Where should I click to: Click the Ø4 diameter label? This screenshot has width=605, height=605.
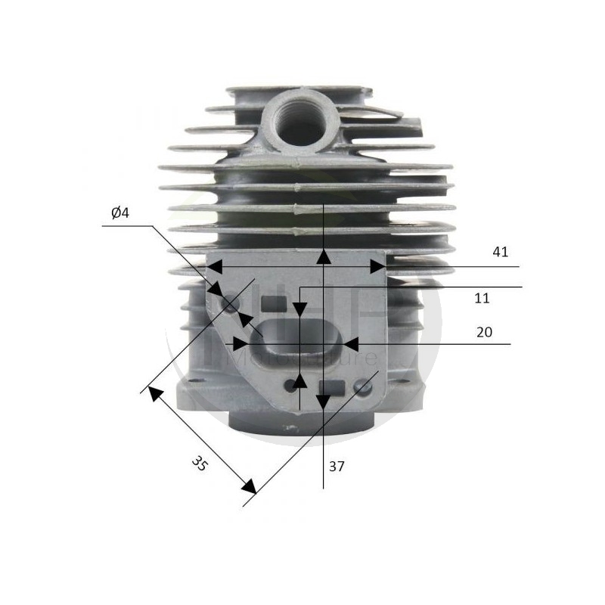click(x=119, y=213)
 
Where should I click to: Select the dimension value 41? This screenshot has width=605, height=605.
click(x=500, y=253)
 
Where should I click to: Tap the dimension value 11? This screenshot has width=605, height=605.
click(x=482, y=298)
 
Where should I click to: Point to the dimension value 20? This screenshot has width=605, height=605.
click(x=485, y=331)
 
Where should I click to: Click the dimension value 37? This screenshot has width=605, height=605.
click(x=337, y=467)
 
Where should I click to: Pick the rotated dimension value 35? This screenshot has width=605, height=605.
click(x=198, y=464)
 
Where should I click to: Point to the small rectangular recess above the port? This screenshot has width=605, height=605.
click(x=273, y=304)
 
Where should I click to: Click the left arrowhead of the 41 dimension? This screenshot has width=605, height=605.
click(x=215, y=267)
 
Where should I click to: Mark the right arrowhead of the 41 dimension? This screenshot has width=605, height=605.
click(x=377, y=267)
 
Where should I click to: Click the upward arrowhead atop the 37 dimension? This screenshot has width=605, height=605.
click(x=324, y=257)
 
